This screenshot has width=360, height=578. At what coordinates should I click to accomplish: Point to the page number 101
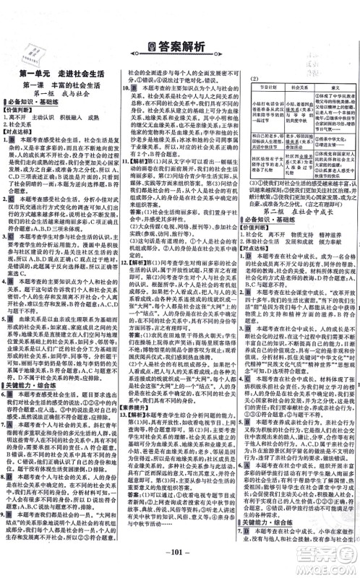click(x=180, y=558)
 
